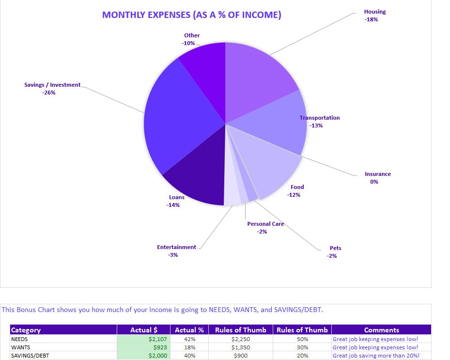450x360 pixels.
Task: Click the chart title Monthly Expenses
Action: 191,15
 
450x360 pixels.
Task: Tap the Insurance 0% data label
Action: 377,178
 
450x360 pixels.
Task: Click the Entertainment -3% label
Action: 176,251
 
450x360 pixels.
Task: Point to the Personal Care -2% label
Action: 264,228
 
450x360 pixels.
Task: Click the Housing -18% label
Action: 375,16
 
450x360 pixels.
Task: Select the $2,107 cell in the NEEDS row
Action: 144,339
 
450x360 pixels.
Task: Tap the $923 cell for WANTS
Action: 144,347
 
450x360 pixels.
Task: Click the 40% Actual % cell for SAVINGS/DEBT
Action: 189,356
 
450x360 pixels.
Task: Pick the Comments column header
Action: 381,330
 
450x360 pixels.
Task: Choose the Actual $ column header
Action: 144,330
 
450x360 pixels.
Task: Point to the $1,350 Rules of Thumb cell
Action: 241,347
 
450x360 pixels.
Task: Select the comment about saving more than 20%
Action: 376,356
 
